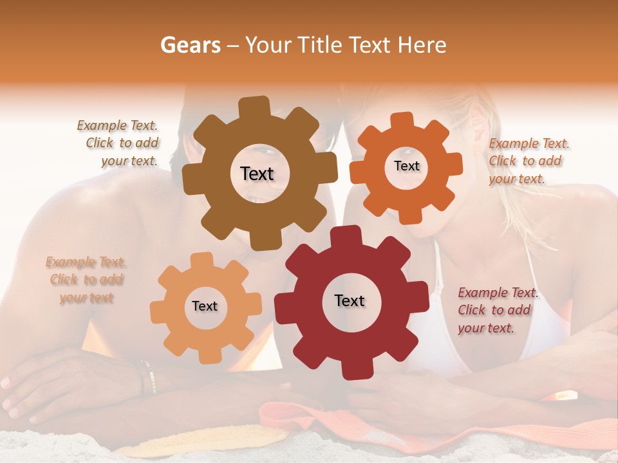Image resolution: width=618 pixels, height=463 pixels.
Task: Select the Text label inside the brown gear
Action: click(257, 174)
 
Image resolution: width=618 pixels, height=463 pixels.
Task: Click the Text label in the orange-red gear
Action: click(406, 166)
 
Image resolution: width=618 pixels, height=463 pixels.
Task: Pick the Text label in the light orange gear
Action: click(205, 306)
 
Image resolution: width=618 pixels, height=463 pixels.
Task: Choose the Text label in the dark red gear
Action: click(350, 300)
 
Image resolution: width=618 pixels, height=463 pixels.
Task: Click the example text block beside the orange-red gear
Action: click(529, 161)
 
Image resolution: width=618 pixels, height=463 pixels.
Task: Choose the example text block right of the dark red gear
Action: click(498, 311)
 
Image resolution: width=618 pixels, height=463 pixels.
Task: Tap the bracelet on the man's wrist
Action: click(148, 376)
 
